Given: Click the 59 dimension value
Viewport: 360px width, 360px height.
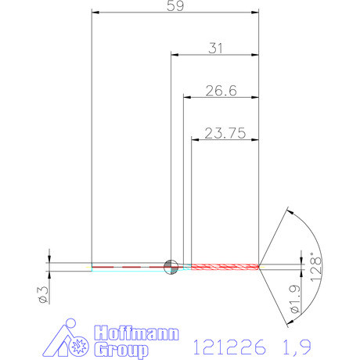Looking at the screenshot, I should tap(175, 6).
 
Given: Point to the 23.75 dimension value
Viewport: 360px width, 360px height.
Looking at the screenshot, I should tap(225, 132).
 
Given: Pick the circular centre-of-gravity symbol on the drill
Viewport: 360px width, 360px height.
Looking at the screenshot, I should tap(170, 266).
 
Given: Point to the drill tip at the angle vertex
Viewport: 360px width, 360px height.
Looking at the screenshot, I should tap(260, 267).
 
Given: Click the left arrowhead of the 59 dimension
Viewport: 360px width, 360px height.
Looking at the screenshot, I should tap(96, 13).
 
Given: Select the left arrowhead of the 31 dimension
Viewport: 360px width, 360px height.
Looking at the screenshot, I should tap(175, 55).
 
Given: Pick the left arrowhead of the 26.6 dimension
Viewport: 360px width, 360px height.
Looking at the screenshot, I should tap(188, 97).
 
